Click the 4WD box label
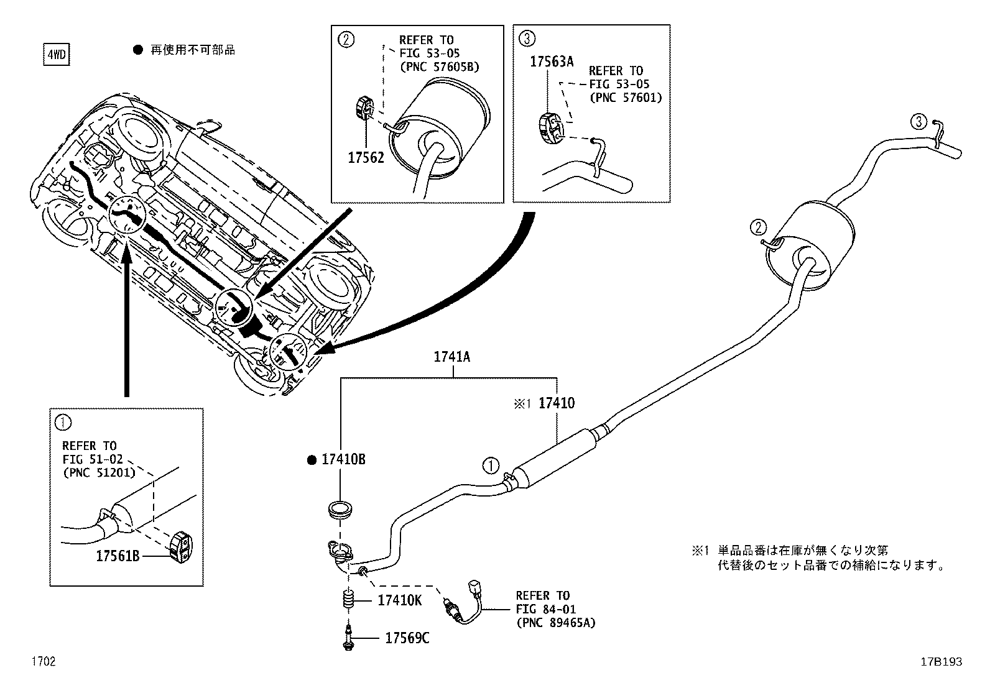55,55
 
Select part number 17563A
552,61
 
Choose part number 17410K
400,600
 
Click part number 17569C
407,638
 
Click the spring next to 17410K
349,601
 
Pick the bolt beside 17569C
349,639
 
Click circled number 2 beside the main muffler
757,227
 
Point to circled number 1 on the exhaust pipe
491,465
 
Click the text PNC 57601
626,97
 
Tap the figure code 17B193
941,662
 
